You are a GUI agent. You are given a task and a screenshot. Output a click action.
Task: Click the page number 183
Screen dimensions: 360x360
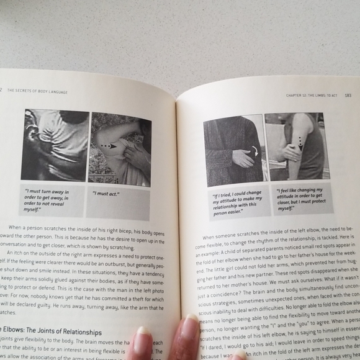pyautogui.click(x=348, y=95)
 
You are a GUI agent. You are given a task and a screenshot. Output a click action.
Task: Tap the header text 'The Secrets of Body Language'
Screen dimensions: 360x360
pyautogui.click(x=37, y=91)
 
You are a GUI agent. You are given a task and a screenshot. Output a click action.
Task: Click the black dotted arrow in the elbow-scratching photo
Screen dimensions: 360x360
pyautogui.click(x=109, y=146)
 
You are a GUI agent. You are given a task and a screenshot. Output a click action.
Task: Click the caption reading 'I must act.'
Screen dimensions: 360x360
pyautogui.click(x=106, y=194)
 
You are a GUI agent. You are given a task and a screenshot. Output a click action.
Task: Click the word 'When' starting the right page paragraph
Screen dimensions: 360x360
pyautogui.click(x=215, y=236)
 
